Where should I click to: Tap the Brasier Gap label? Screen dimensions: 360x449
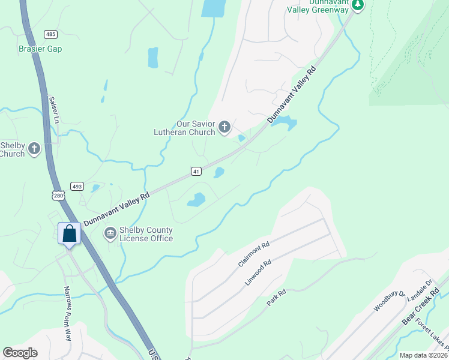coord(40,49)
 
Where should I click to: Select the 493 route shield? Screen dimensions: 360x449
coord(76,186)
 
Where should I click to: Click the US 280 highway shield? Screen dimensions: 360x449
coord(58,195)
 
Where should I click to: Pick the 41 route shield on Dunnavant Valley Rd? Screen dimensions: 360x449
coord(196,172)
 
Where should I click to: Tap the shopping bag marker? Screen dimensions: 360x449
coord(70,233)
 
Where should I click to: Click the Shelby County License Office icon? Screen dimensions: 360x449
coord(110,233)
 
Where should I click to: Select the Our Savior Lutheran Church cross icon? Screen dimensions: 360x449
coord(224,127)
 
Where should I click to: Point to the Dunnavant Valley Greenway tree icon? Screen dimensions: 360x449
coord(358,5)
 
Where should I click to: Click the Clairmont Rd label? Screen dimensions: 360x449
coord(255,254)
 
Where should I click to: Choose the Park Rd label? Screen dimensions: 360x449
coord(277,298)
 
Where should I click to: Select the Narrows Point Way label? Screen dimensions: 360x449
coord(68,313)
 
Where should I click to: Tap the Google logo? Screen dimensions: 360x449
coord(20,353)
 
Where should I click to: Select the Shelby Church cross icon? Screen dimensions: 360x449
coord(34,148)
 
